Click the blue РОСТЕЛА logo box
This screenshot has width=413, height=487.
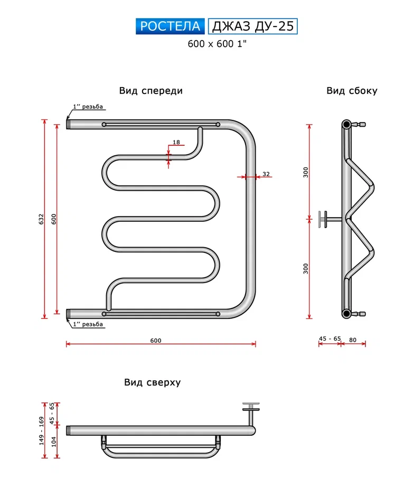[x=171, y=26]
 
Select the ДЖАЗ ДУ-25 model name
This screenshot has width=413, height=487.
[x=252, y=26]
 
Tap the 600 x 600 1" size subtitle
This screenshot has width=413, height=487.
[x=217, y=44]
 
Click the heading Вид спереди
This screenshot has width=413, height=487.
[x=151, y=91]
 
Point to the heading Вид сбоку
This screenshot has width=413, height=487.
[x=352, y=91]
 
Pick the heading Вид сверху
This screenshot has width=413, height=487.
[x=152, y=382]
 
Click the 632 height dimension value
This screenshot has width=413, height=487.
[x=42, y=220]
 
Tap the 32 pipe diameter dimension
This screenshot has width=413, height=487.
[x=266, y=174]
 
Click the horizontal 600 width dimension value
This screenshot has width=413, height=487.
[x=155, y=341]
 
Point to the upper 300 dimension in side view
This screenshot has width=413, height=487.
[x=305, y=172]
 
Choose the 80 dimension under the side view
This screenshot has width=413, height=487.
[x=352, y=339]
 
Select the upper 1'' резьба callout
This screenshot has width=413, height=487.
[x=88, y=107]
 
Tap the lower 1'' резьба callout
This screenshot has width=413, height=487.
[x=88, y=324]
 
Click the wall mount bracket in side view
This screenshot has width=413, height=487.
[x=324, y=218]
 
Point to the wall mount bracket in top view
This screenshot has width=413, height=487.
[x=251, y=408]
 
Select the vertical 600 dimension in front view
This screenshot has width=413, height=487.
[x=53, y=220]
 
